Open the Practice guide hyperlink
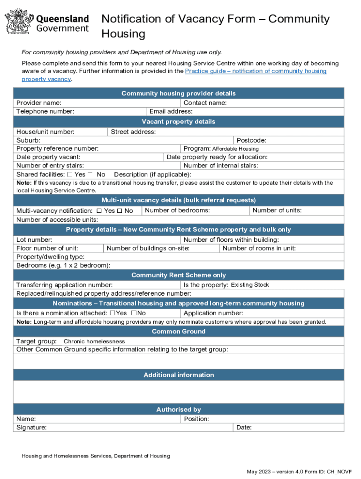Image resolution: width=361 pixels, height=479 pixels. [256, 71]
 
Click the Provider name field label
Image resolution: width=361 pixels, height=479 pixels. [38, 103]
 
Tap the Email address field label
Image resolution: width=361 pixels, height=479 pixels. [171, 111]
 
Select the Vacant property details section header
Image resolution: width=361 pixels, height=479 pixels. [179, 122]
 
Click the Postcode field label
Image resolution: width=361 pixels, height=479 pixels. [251, 140]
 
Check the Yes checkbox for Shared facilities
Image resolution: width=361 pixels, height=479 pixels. [69, 174]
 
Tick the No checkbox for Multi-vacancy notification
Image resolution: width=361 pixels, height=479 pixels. [120, 211]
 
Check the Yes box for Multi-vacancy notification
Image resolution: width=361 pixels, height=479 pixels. [99, 211]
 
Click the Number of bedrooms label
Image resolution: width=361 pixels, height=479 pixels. [177, 210]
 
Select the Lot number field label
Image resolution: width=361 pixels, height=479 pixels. [34, 240]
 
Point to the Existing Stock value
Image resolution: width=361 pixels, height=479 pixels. [250, 285]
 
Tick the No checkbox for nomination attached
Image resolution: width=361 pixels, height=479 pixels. [134, 313]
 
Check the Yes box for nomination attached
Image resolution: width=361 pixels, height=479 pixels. [113, 313]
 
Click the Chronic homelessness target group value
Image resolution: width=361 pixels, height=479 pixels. [94, 341]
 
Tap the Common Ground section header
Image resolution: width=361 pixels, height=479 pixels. [179, 332]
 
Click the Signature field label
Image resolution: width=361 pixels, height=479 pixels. [31, 428]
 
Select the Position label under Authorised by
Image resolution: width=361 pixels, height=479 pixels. [196, 419]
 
